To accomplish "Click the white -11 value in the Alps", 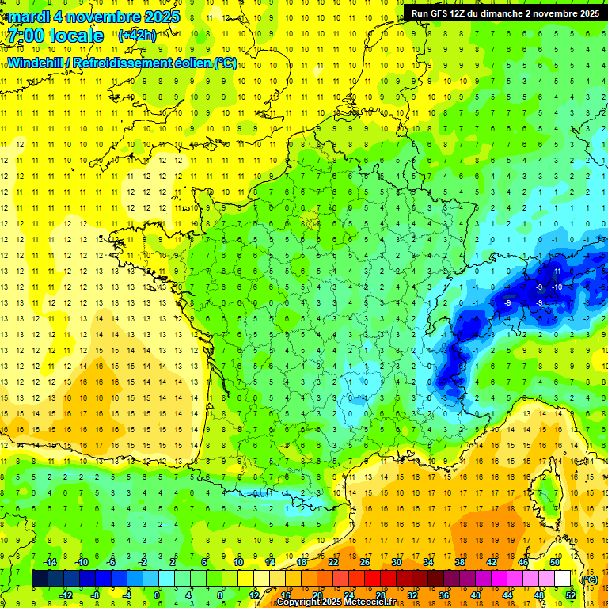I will [x=557, y=272].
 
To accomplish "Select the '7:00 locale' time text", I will [x=55, y=36].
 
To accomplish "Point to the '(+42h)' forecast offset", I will [x=137, y=35].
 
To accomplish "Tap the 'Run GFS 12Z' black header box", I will [x=504, y=13].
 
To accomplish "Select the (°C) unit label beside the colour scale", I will [x=589, y=579].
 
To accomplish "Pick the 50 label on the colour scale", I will [x=554, y=562].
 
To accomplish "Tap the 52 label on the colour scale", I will [x=571, y=595].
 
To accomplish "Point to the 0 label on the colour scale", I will [x=157, y=595].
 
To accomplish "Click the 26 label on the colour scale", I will [x=365, y=562].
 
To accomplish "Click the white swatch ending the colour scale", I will [x=562, y=579].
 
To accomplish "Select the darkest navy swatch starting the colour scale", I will [x=40, y=579].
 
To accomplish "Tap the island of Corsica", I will [x=547, y=491].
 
